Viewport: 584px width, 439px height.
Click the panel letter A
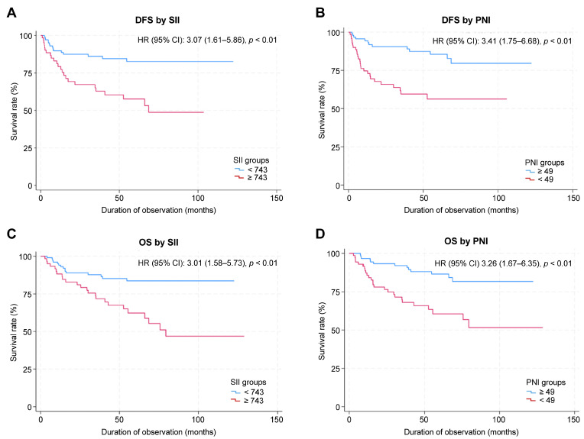[11, 13]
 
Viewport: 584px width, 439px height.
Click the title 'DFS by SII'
[157, 20]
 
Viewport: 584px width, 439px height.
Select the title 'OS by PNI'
[466, 241]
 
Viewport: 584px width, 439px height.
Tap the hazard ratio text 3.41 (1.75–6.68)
[511, 41]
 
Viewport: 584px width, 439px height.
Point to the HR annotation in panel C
[207, 263]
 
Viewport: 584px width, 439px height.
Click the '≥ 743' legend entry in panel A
[251, 178]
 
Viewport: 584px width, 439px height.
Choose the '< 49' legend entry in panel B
[540, 179]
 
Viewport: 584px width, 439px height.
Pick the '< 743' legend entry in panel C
[248, 392]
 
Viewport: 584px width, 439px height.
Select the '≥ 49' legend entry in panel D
[540, 392]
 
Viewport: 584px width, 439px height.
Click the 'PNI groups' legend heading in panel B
[544, 163]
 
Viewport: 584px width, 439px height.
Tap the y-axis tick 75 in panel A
[28, 73]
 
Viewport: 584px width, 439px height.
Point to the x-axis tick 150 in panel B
[573, 198]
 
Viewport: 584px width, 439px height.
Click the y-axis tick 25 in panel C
[28, 369]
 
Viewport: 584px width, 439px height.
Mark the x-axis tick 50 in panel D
[423, 420]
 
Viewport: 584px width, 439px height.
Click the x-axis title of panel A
[159, 210]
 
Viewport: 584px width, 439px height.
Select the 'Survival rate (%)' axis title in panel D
[322, 331]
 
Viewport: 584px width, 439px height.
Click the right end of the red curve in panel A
[203, 112]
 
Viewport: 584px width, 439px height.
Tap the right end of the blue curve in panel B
[531, 63]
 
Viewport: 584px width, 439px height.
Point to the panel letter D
[320, 234]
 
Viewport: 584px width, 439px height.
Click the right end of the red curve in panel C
[244, 336]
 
